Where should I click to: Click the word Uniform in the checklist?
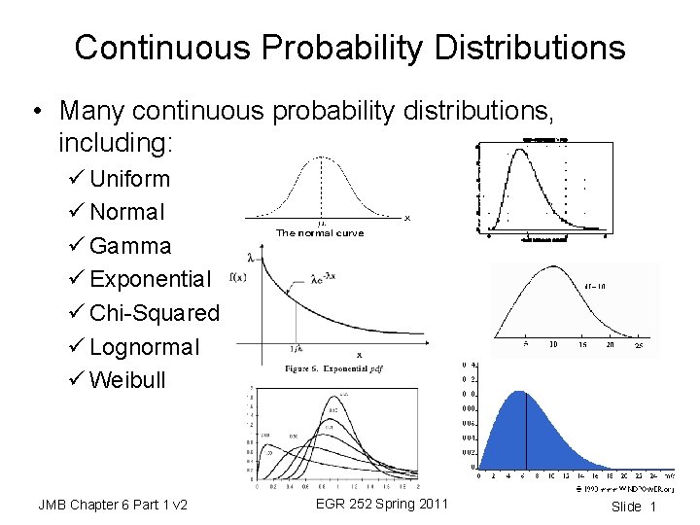(x=129, y=179)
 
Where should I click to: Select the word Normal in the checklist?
(x=127, y=212)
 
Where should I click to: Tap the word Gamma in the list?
(x=130, y=246)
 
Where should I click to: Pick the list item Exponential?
(x=150, y=279)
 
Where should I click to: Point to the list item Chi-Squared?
(x=155, y=313)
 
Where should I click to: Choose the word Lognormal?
(x=144, y=346)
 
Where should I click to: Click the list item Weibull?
(x=127, y=379)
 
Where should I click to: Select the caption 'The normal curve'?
(x=320, y=233)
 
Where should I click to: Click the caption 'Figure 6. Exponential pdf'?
(x=328, y=369)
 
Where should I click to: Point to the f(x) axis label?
(x=237, y=276)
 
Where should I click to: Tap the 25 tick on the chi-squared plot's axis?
(x=639, y=344)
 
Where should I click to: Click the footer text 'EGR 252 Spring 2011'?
(x=382, y=504)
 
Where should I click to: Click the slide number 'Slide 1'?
(x=634, y=507)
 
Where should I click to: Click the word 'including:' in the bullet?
(x=115, y=144)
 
